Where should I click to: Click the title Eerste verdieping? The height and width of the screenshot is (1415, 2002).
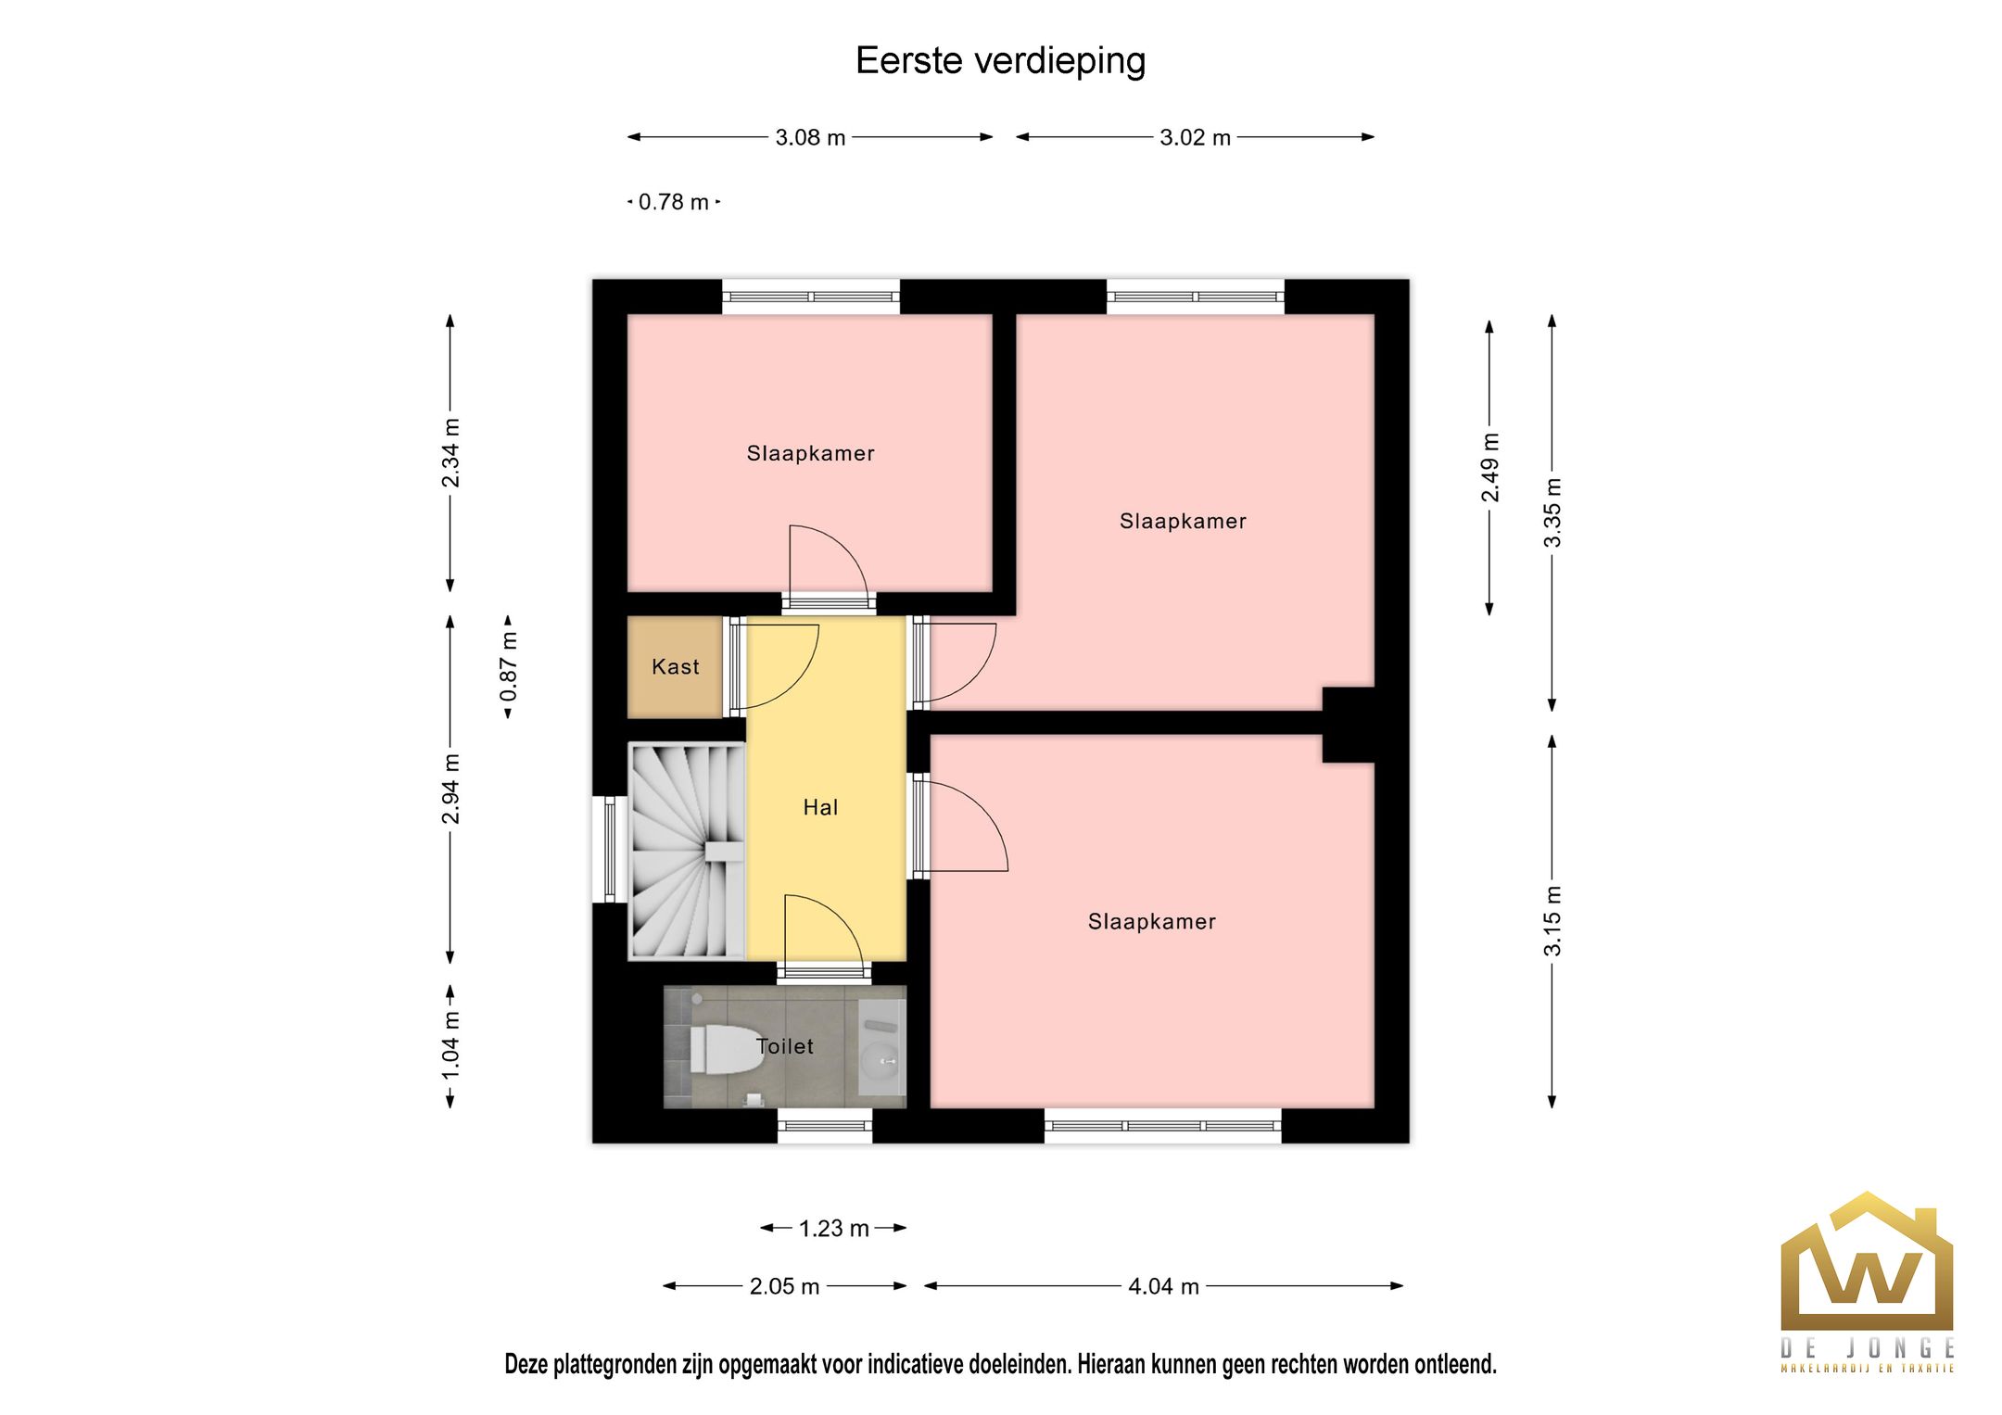(1000, 61)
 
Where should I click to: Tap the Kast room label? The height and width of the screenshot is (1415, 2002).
(675, 666)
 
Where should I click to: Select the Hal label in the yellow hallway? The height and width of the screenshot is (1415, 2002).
(820, 807)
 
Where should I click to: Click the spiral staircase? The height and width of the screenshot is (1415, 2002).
(687, 851)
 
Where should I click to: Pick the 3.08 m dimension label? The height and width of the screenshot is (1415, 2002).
(810, 138)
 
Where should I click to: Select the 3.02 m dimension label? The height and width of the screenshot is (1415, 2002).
(1195, 138)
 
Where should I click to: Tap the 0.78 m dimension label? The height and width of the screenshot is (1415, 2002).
(674, 202)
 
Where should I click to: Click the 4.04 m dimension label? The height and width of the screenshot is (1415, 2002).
(1163, 1286)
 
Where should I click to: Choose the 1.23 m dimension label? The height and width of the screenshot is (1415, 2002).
(833, 1229)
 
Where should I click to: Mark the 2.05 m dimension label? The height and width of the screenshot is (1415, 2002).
(784, 1286)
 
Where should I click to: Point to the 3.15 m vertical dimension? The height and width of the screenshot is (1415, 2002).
(1552, 920)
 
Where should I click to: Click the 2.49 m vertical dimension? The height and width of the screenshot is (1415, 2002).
(1489, 467)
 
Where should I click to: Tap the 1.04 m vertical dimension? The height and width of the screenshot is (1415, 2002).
(450, 1045)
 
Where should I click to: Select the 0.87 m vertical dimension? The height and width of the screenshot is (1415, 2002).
(509, 666)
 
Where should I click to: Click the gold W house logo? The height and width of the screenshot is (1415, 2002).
(1866, 1265)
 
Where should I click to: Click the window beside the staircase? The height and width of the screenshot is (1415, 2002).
(609, 849)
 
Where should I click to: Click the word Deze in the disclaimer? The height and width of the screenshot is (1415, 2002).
(526, 1364)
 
